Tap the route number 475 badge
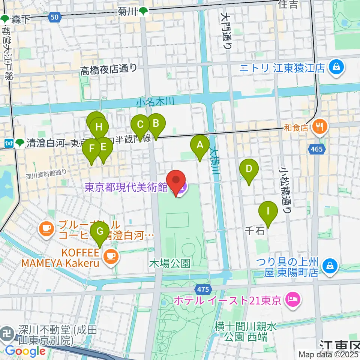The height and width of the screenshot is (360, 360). [203, 288]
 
